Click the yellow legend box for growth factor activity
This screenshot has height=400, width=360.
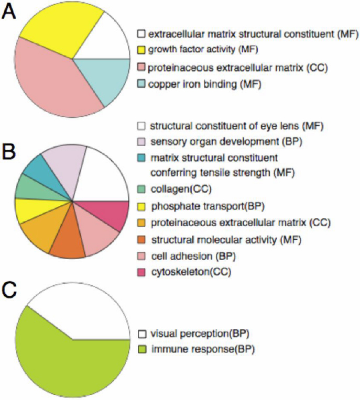pyautogui.click(x=141, y=50)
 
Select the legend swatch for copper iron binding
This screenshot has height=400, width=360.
pyautogui.click(x=141, y=83)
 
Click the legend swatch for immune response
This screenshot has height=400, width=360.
pyautogui.click(x=141, y=348)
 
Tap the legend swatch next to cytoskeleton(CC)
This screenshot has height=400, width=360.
pyautogui.click(x=141, y=272)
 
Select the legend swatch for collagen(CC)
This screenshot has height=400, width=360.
pyautogui.click(x=141, y=190)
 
